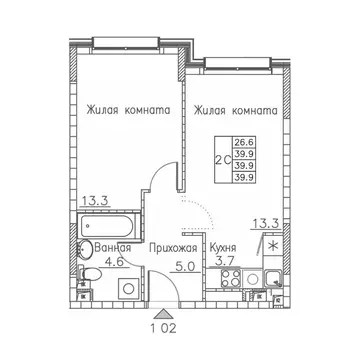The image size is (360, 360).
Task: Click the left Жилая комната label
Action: [125, 112]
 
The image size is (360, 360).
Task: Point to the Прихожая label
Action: [168, 245]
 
